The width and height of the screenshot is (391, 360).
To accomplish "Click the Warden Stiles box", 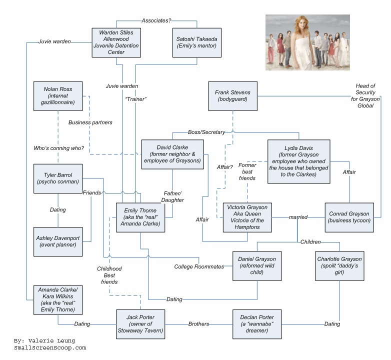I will point(116,42).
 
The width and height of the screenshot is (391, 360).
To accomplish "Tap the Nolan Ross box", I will point(58,96).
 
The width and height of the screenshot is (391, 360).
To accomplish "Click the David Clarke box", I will point(172,154).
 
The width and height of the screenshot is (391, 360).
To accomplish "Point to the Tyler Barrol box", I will point(58,178).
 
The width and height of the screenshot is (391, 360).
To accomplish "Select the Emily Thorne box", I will point(140,217).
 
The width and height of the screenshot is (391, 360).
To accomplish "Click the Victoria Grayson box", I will point(247,217).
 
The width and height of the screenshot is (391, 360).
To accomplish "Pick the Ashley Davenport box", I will point(58,241).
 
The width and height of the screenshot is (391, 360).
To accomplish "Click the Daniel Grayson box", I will point(257,266).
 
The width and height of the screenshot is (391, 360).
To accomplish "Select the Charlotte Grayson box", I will point(339,266).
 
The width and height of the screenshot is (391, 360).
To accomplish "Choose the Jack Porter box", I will point(140,323).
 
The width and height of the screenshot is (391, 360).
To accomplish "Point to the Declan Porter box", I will point(257,323).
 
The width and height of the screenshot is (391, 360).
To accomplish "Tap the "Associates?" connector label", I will point(156,20).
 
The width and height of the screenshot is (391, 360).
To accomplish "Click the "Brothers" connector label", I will point(198,324).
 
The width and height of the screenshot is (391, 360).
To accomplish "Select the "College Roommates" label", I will point(199,266).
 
